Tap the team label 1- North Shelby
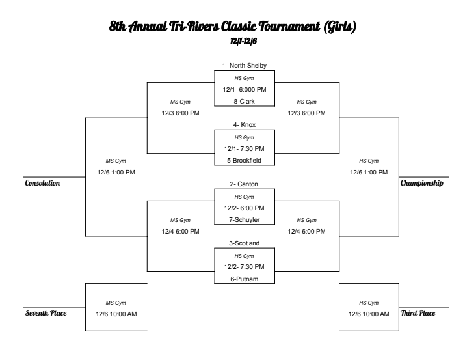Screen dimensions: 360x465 [x=245, y=66]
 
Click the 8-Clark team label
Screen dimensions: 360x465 [x=245, y=101]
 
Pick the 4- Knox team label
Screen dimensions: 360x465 [x=245, y=124]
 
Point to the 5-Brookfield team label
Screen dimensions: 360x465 [x=245, y=159]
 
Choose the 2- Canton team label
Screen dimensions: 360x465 [x=245, y=184]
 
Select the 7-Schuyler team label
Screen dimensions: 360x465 [x=245, y=219]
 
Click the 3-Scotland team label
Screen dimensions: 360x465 [x=245, y=243]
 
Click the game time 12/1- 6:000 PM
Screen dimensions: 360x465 [x=245, y=89]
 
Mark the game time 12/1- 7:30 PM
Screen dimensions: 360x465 [x=245, y=148]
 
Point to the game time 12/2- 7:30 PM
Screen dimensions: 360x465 [x=245, y=266]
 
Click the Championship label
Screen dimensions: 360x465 [x=423, y=184]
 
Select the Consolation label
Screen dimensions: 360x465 [x=42, y=184]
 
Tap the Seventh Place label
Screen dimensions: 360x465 [x=45, y=312]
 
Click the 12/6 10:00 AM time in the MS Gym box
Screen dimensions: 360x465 [x=116, y=314]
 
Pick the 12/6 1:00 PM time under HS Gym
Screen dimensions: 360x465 [x=369, y=172]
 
